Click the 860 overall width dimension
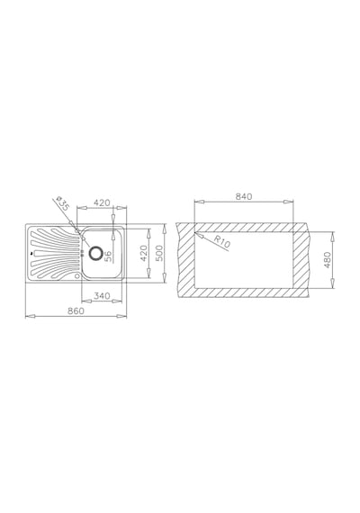click(76, 310)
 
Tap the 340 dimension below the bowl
click(102, 296)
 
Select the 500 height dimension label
click(159, 253)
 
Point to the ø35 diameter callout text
click(62, 203)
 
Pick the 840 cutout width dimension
click(244, 196)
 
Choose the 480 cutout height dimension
click(328, 260)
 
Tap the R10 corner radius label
click(222, 241)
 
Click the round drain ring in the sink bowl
click(95, 253)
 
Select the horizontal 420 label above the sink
click(102, 202)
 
